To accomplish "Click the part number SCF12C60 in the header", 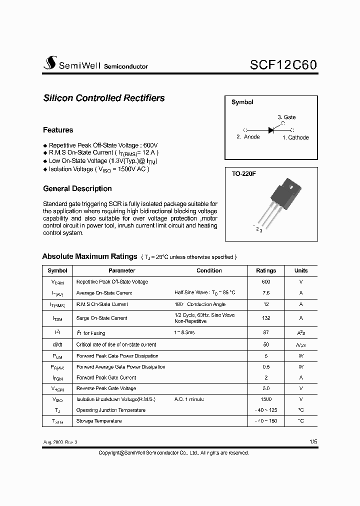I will point(282,65).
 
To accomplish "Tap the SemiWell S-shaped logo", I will point(50,63).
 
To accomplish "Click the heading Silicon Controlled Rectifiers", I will point(104,98).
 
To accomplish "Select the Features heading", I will point(58,130).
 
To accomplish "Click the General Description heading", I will point(77,188).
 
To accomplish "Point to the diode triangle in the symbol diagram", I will point(271,130).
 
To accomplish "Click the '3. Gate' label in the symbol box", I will point(286,117).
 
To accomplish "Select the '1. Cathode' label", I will point(295,137).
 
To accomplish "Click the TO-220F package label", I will point(244,174).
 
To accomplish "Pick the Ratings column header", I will point(266,270).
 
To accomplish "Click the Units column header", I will point(301,270).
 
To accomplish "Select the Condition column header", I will point(209,270).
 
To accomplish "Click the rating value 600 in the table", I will point(266,282).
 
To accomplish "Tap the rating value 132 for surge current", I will point(266,318).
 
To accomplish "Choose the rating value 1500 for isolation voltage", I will point(266,399).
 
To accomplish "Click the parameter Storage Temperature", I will point(99,421).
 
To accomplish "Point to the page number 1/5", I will point(313,442).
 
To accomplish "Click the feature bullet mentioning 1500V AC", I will point(99,169).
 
